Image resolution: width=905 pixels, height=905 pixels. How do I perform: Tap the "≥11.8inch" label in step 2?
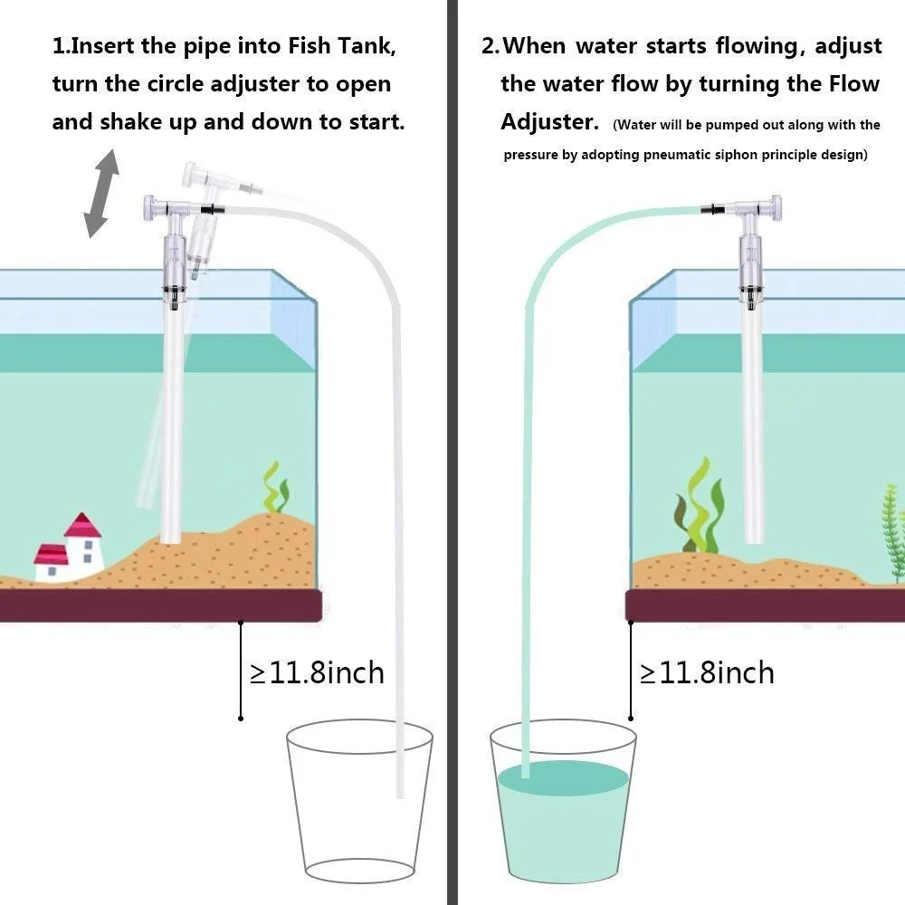(x=707, y=672)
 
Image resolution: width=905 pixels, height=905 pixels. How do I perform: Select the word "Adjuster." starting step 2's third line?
(x=549, y=121)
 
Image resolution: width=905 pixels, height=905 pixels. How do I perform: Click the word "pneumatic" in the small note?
(x=699, y=155)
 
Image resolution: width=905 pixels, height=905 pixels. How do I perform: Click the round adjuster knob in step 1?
(x=149, y=208)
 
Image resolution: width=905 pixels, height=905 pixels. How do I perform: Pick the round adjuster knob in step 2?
(x=773, y=208)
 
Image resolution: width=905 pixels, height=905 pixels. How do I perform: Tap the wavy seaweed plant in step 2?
(x=701, y=507)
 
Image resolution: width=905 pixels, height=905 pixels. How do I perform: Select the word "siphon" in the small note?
(x=758, y=155)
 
